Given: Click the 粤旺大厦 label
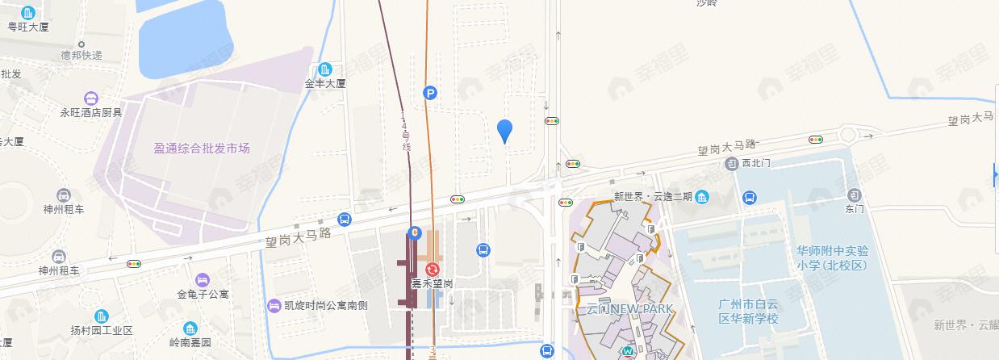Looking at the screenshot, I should click(29, 27).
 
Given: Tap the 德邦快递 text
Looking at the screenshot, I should click(82, 56).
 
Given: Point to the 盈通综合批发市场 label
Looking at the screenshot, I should click(202, 149).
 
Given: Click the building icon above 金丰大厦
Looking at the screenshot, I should click(325, 69).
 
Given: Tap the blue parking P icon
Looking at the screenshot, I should click(431, 94).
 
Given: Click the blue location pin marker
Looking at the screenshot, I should click(504, 130).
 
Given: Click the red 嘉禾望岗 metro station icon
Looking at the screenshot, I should click(432, 269).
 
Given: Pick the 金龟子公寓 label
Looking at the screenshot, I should click(202, 294).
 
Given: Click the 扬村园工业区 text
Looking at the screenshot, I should click(101, 331).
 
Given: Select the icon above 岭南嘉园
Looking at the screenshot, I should click(190, 329).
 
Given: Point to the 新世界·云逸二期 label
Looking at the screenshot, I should click(653, 197).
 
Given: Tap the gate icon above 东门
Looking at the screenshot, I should click(854, 195).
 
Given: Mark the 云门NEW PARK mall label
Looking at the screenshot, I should click(630, 309).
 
